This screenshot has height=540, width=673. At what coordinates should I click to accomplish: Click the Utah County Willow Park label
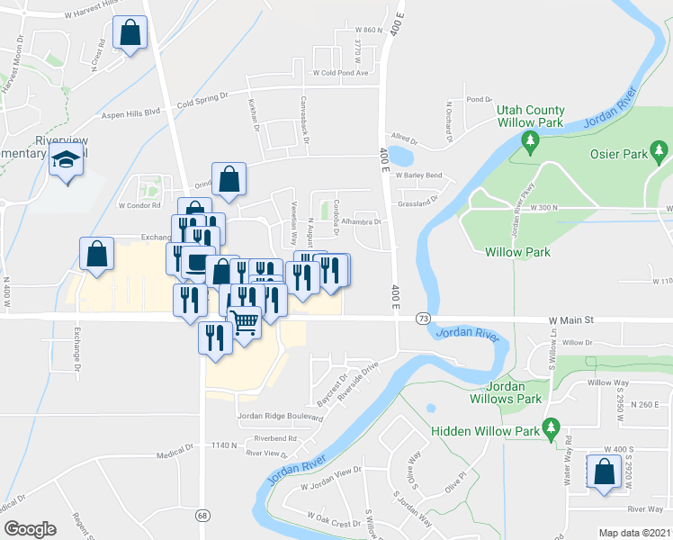pos(531,118)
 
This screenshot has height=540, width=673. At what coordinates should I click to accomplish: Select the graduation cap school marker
pos(66,161)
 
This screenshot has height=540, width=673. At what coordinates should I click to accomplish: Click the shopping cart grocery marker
pos(244,320)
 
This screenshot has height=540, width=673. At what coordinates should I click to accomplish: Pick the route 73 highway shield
pos(422,319)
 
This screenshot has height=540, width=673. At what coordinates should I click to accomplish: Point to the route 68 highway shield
pos(203,515)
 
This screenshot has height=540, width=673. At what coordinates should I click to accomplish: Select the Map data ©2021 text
pos(634,533)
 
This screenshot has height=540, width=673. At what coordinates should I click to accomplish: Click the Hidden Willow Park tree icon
pos(549,430)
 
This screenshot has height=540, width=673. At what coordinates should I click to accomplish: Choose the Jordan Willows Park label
pos(507,392)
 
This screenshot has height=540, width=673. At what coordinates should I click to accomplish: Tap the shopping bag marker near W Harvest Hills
pos(130,34)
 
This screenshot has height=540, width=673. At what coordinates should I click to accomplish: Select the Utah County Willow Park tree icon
pos(530,140)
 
